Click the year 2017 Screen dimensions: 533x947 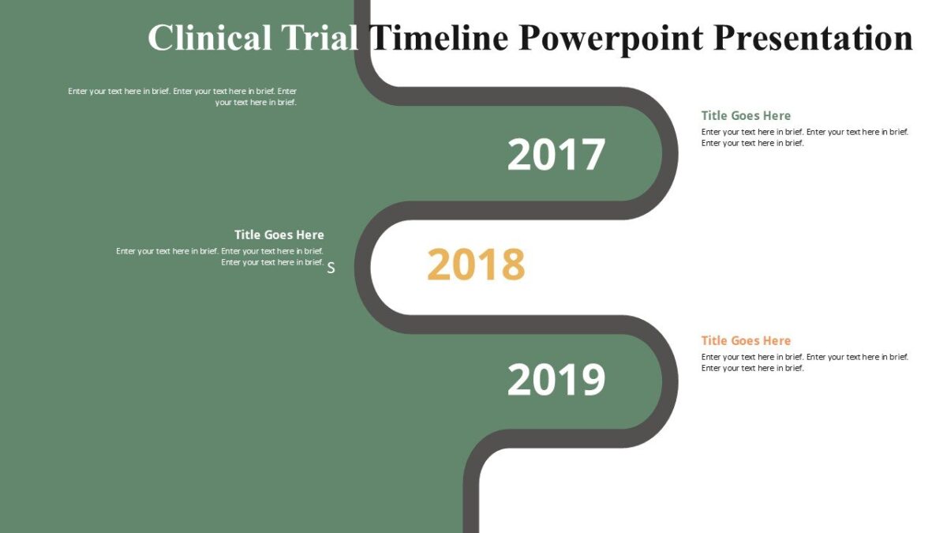556,155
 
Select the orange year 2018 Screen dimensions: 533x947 476,265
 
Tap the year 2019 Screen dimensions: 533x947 556,380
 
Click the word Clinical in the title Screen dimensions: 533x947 210,38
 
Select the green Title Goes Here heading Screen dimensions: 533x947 746,115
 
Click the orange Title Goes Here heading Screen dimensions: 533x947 746,340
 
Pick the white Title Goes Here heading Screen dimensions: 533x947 279,235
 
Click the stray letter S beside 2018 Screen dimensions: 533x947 331,268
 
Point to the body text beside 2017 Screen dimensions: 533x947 804,137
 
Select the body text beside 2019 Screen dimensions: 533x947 804,362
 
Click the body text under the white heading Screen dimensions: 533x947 221,257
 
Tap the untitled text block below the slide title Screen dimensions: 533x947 183,96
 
